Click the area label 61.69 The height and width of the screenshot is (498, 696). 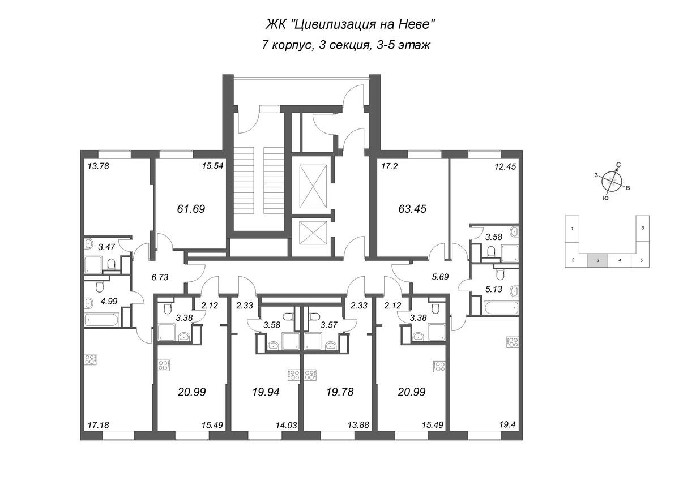[191, 209]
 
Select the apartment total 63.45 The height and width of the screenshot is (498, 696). [412, 209]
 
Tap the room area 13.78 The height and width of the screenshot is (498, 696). [98, 166]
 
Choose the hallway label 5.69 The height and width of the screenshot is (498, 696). [440, 277]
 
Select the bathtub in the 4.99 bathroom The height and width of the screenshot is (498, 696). [102, 320]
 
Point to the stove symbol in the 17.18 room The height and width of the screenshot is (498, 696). [91, 359]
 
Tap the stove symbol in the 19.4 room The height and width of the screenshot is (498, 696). [512, 342]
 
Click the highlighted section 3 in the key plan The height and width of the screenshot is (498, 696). [598, 260]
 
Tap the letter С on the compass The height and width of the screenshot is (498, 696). [619, 165]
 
